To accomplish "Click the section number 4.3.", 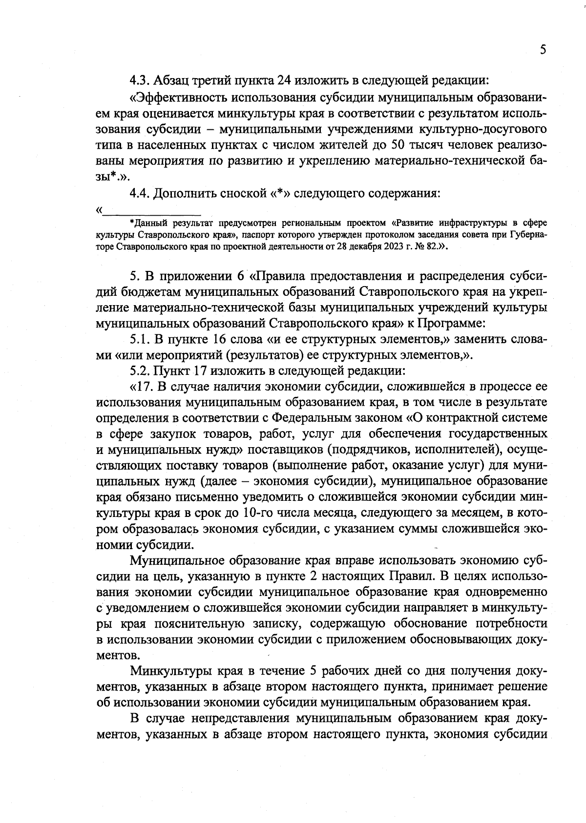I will point(141,80).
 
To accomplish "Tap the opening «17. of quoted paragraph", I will point(142,387).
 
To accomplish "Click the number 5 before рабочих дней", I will point(315,671).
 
